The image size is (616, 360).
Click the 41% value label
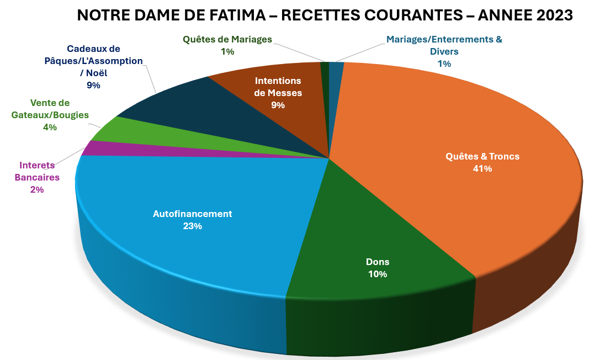(x=482, y=169)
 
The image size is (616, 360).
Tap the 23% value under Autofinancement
(x=193, y=226)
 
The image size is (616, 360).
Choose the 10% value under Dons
(x=378, y=274)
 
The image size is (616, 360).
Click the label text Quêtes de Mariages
(x=227, y=39)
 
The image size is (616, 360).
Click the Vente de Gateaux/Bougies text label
(x=50, y=109)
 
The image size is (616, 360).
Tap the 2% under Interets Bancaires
(x=37, y=189)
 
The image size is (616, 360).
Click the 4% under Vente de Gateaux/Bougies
(x=50, y=127)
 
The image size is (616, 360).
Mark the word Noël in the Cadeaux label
(x=99, y=72)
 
